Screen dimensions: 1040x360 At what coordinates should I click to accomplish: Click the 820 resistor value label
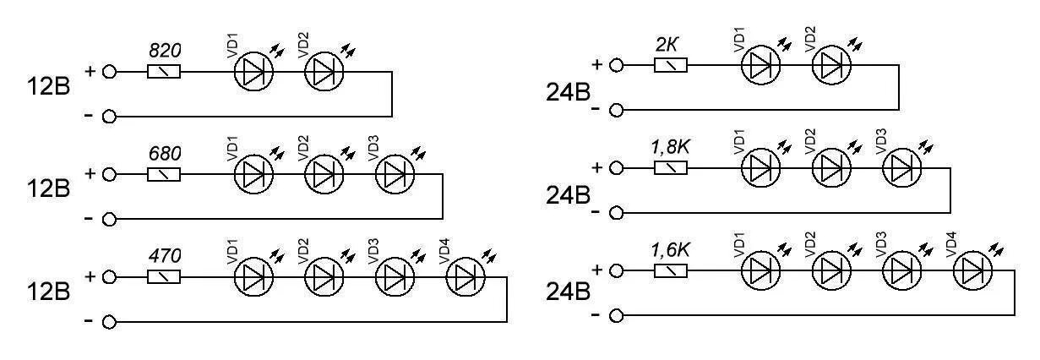pyautogui.click(x=164, y=50)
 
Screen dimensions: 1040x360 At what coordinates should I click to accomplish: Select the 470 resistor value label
pyautogui.click(x=164, y=254)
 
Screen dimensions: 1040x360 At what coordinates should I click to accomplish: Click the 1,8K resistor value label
pyautogui.click(x=670, y=146)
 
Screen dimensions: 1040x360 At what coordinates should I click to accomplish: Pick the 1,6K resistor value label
pyautogui.click(x=670, y=249)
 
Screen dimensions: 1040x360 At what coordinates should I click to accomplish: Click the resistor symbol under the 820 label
pyautogui.click(x=164, y=72)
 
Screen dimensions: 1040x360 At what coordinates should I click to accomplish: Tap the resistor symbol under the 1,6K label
pyautogui.click(x=671, y=270)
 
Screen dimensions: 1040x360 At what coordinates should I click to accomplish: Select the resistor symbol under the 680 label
pyautogui.click(x=164, y=175)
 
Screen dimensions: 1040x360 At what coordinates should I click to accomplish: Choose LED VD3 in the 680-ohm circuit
pyautogui.click(x=395, y=175)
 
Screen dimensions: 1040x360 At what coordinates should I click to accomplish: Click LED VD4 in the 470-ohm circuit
pyautogui.click(x=466, y=277)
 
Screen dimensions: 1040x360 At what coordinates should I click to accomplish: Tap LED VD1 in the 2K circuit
pyautogui.click(x=761, y=65)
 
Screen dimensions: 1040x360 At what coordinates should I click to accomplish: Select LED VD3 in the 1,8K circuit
pyautogui.click(x=902, y=168)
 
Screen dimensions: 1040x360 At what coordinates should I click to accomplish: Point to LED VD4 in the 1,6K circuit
pyautogui.click(x=973, y=270)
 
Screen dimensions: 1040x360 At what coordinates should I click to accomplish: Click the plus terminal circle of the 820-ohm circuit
pyautogui.click(x=109, y=72)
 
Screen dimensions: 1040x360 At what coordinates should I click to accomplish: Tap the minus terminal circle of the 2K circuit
pyautogui.click(x=617, y=110)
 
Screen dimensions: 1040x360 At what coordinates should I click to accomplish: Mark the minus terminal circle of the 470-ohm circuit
pyautogui.click(x=109, y=322)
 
